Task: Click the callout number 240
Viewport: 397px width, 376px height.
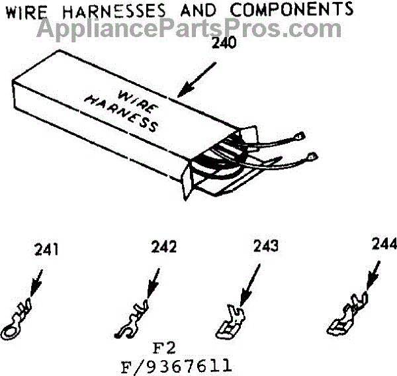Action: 222,45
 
